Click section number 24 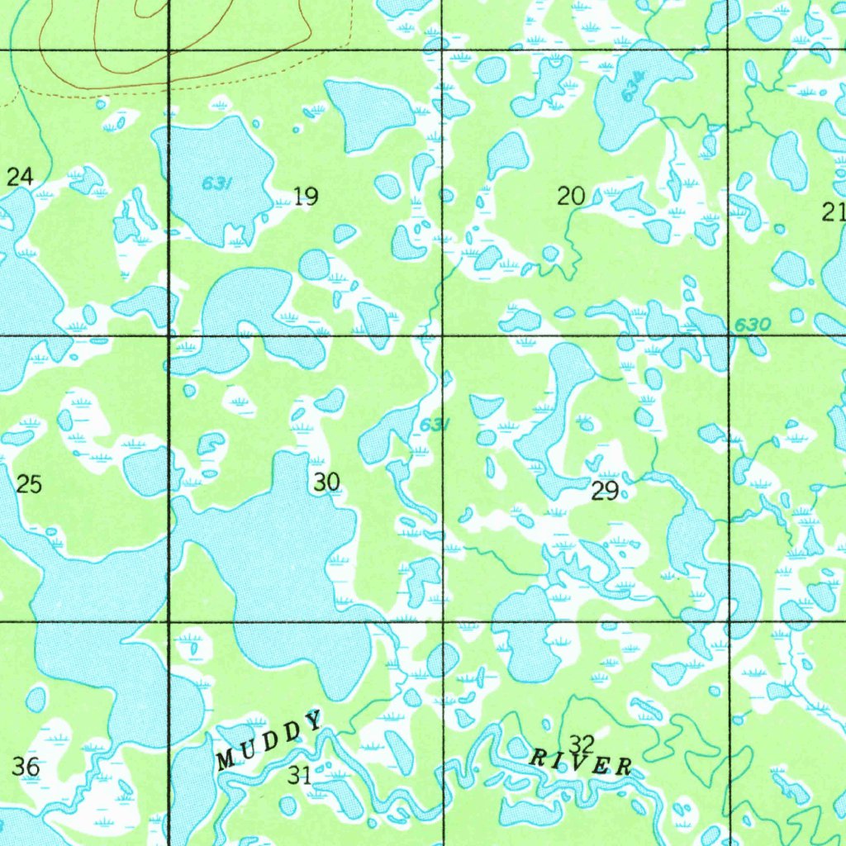click(x=20, y=176)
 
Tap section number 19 click(x=306, y=197)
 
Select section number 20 click(x=571, y=197)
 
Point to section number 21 click(x=834, y=212)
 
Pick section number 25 click(x=29, y=484)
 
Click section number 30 click(x=327, y=482)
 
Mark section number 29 click(x=605, y=492)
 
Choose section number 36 click(x=26, y=767)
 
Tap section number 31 click(x=300, y=775)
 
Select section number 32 click(x=582, y=743)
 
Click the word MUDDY click(x=270, y=739)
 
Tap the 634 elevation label click(x=634, y=86)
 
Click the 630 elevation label click(x=752, y=326)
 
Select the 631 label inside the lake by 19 click(x=216, y=183)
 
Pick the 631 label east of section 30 click(x=435, y=425)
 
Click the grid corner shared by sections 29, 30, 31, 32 click(x=444, y=620)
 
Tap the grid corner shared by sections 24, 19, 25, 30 click(x=169, y=335)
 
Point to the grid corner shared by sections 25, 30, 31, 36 click(x=169, y=620)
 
